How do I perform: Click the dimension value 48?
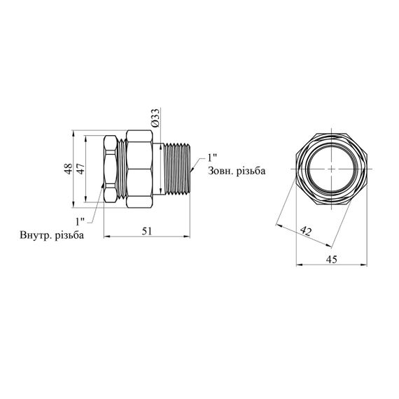(x=68, y=169)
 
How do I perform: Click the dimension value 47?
(x=80, y=169)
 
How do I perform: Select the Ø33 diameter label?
(x=155, y=118)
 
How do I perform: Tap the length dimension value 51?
(x=147, y=231)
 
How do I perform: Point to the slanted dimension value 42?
(x=306, y=231)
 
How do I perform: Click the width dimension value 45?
(x=332, y=259)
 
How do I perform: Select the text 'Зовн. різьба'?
(x=237, y=171)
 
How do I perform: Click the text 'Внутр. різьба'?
(x=52, y=235)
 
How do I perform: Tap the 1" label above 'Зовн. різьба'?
(x=212, y=157)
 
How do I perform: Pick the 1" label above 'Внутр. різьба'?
(x=80, y=222)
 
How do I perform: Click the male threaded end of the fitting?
(x=177, y=169)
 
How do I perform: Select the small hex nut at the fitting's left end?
(x=111, y=169)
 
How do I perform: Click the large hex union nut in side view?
(x=139, y=169)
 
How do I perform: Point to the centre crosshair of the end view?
(x=332, y=169)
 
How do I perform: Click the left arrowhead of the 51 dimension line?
(x=107, y=237)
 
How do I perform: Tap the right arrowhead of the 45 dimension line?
(x=364, y=265)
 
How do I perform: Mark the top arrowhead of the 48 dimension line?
(x=73, y=133)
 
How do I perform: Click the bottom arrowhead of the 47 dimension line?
(x=86, y=199)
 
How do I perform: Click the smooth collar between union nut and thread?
(x=158, y=169)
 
